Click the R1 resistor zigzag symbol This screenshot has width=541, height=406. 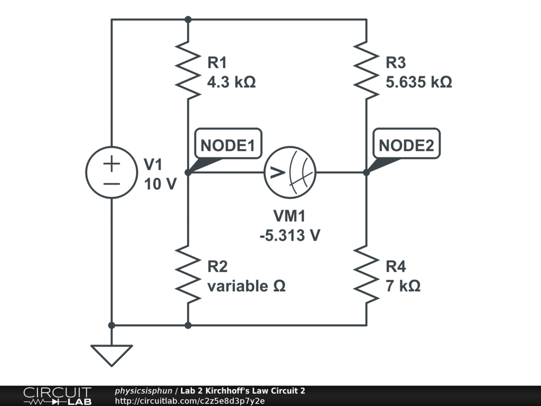(x=188, y=72)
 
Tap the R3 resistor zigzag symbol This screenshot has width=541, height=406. (x=366, y=72)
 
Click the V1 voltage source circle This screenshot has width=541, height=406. (x=111, y=172)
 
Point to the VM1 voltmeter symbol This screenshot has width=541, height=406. (x=290, y=172)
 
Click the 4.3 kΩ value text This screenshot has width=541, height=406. (x=231, y=82)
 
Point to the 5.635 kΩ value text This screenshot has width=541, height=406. (x=419, y=82)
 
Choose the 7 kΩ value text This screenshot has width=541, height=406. (x=403, y=286)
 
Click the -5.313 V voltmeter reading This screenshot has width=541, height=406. (x=290, y=235)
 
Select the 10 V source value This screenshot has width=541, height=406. (x=160, y=184)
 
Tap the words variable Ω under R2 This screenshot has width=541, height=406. (x=246, y=286)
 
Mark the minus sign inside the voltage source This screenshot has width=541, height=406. (x=111, y=183)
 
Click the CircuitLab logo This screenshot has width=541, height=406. (x=57, y=396)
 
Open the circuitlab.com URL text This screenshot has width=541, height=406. (x=189, y=401)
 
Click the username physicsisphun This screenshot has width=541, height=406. (x=143, y=391)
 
